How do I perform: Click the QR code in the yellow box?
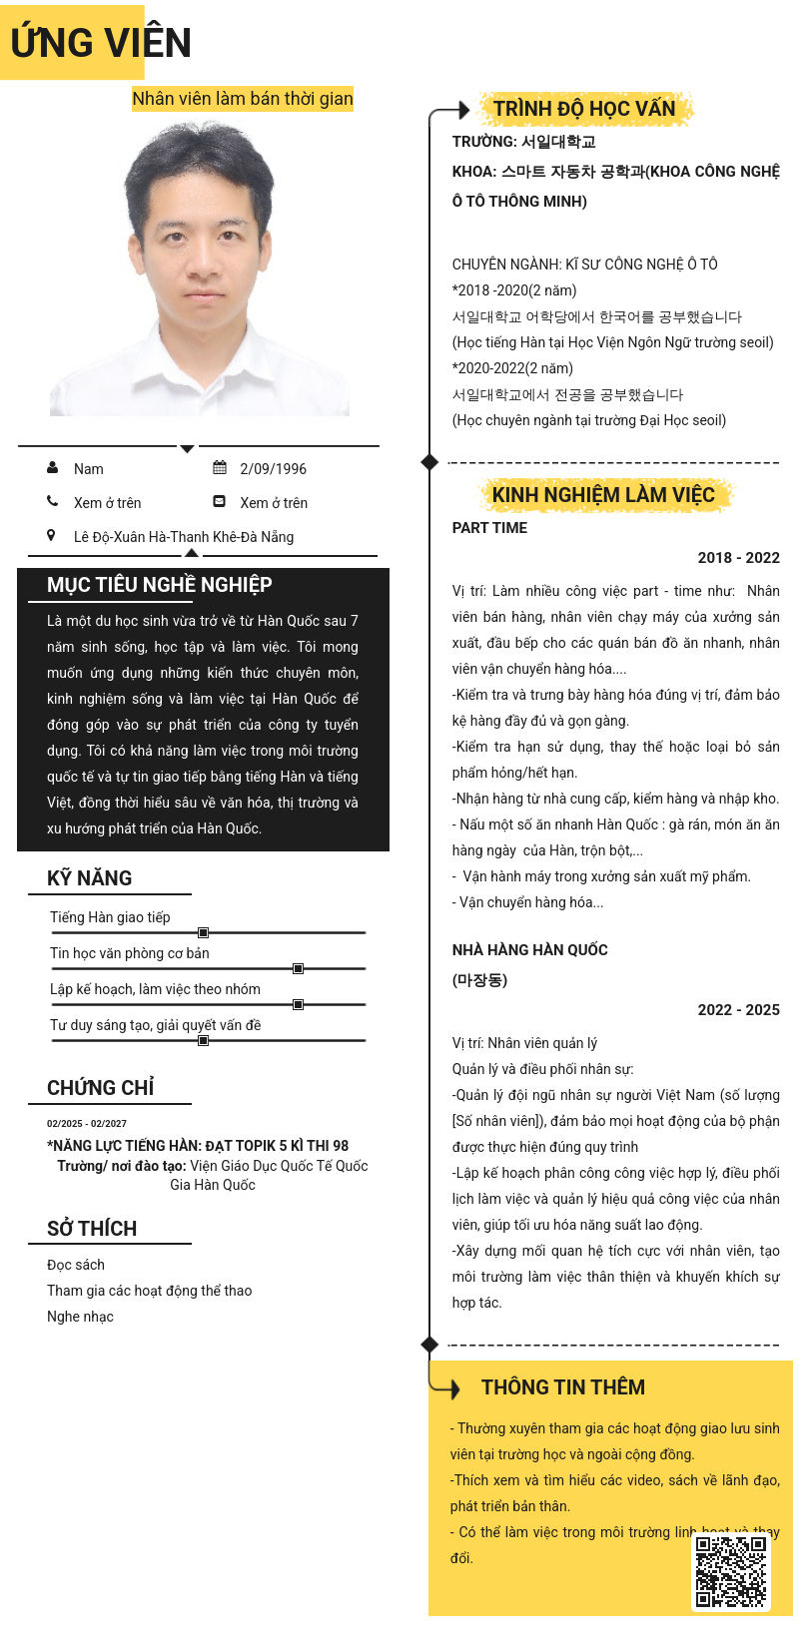(x=731, y=1571)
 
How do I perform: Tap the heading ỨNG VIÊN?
(x=101, y=43)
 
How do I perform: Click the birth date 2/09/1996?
(x=273, y=469)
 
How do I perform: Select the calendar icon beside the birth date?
(x=220, y=467)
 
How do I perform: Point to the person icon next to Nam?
(x=52, y=467)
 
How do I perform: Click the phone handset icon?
(x=52, y=501)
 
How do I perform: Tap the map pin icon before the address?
(x=51, y=535)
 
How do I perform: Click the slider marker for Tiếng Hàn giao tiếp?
(x=203, y=932)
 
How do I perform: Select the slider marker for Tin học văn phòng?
(x=298, y=968)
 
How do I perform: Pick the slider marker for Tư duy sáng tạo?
(x=203, y=1040)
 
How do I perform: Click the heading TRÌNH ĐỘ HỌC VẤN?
(x=584, y=109)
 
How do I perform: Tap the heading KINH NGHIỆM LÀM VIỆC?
(x=603, y=495)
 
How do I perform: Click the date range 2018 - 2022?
(x=738, y=558)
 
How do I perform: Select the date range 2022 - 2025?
(x=738, y=1010)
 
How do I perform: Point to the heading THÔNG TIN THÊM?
(x=563, y=1387)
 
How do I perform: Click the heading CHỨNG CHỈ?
(x=101, y=1088)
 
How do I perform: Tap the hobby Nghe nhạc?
(x=80, y=1317)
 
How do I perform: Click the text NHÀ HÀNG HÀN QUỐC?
(x=529, y=950)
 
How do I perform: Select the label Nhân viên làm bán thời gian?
(x=243, y=98)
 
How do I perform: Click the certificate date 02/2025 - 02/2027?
(x=87, y=1123)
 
